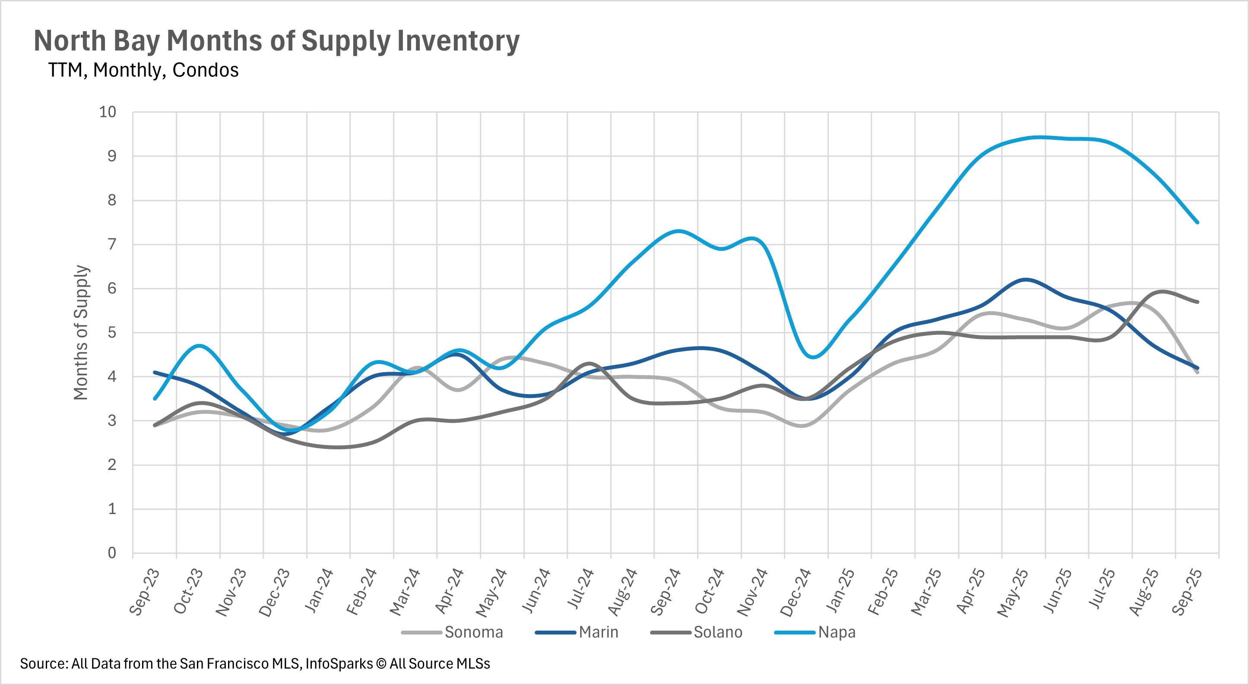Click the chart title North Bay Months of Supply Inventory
(276, 41)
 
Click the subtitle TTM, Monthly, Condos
(143, 70)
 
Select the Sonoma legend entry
(473, 632)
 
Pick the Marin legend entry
(598, 632)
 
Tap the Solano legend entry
(718, 632)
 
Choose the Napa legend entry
(837, 632)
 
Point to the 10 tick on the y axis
(108, 112)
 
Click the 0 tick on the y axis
(112, 553)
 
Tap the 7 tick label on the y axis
(112, 244)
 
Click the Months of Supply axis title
(80, 332)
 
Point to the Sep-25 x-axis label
(1187, 592)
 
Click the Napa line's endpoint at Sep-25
(1198, 222)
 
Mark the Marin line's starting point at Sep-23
(155, 372)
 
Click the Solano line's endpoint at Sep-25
(1198, 302)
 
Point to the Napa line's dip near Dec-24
(813, 357)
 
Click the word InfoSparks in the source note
(339, 664)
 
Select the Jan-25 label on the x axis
(840, 592)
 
